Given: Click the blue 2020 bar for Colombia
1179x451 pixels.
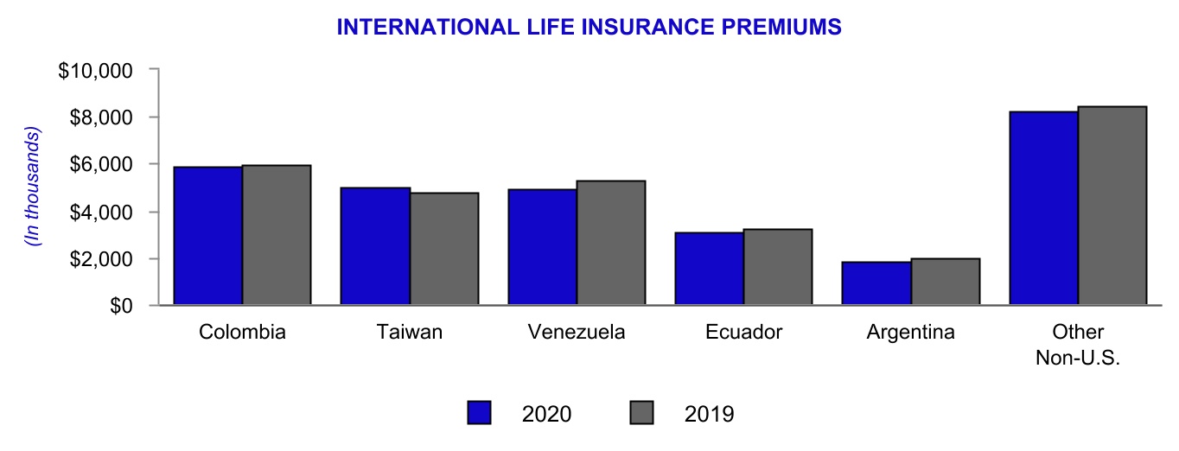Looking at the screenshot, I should tap(207, 236).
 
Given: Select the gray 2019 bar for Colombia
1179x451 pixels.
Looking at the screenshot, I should tap(276, 235).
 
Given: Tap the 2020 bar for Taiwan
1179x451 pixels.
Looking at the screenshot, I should tap(375, 246).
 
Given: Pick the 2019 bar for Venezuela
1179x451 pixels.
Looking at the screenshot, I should tap(610, 243).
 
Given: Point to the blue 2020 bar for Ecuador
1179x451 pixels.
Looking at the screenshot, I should tap(710, 269).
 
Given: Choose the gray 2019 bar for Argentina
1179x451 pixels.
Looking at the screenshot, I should tap(945, 282).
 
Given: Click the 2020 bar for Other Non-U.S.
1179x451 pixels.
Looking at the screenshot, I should tap(1043, 208).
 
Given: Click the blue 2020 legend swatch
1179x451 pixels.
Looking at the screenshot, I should tap(480, 413).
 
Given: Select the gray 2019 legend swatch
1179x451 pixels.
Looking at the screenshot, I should tap(642, 413).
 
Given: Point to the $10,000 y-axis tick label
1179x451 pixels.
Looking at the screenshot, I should tap(94, 70).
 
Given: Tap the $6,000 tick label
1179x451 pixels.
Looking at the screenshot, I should tap(99, 164).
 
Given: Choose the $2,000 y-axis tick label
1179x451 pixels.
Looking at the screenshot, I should tap(99, 259).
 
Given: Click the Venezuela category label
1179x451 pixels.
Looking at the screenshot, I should tap(576, 333).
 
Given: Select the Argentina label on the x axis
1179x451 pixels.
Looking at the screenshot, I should tap(910, 333).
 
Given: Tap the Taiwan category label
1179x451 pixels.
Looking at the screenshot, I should tap(410, 333).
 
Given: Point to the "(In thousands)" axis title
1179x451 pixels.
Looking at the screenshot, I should tap(34, 187).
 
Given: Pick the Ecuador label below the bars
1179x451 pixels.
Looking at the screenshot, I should tap(743, 333).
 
